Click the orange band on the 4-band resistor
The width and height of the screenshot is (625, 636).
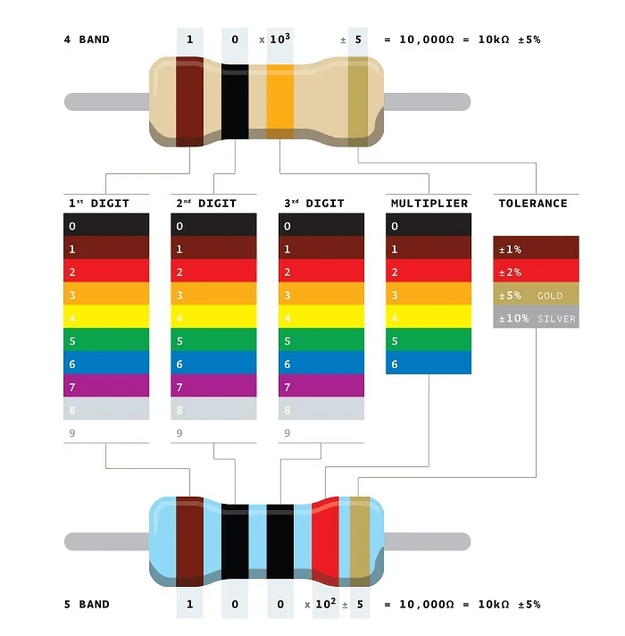coord(280,101)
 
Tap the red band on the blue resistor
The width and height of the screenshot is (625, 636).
coord(325,539)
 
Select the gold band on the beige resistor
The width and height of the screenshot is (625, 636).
coord(358,101)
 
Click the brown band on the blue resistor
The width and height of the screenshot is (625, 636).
coord(190,539)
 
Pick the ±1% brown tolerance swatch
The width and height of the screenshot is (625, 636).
coord(536,248)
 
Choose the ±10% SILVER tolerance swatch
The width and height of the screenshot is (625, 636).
coord(536,317)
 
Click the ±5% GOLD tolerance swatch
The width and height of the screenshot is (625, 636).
coord(536,295)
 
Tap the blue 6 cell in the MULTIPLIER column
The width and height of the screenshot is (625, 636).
coord(429,363)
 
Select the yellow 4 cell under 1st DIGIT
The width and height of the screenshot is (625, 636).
coord(106,317)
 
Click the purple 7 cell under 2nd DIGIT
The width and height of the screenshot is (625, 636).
coord(213,386)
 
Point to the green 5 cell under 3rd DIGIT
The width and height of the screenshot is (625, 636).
coord(321,340)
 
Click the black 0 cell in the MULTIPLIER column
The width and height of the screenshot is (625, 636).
coord(429,225)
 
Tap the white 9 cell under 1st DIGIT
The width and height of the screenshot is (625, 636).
coord(106,432)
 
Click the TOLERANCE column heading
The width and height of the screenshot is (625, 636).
coord(532,204)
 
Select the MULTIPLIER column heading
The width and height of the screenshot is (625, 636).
coord(429,204)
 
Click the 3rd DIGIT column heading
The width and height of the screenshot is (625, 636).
coord(313,204)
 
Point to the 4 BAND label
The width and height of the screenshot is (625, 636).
coord(87,40)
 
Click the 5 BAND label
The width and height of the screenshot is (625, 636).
coord(87,605)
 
